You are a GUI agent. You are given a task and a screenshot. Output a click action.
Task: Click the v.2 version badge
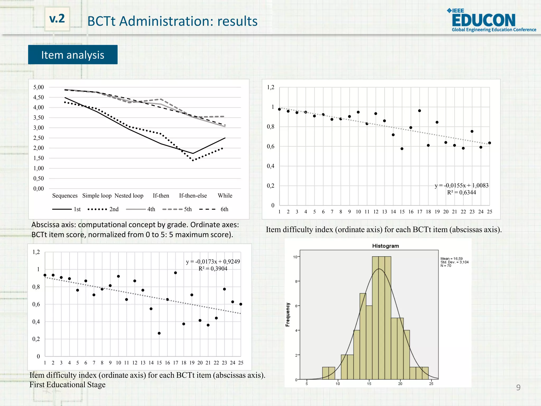[57, 19]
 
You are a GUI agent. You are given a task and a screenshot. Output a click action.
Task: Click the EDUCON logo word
[483, 20]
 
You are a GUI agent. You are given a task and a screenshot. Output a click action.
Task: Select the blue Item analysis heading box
[73, 55]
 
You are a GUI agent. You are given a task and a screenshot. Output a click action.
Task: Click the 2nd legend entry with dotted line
[103, 209]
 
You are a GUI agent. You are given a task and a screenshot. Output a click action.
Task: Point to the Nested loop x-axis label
[129, 196]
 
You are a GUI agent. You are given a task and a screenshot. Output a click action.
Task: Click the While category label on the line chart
[225, 196]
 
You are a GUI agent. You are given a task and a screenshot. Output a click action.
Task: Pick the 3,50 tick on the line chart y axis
[39, 118]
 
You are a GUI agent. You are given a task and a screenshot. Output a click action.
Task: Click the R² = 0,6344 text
[461, 192]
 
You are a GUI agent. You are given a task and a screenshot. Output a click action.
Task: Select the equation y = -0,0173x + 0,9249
[213, 262]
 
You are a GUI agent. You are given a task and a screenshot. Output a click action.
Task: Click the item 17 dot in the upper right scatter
[419, 111]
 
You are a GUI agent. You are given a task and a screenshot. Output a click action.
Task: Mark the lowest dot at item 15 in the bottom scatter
[159, 333]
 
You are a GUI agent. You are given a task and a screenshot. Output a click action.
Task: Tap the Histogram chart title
[385, 246]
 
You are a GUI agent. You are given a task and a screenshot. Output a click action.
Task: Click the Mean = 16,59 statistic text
[451, 259]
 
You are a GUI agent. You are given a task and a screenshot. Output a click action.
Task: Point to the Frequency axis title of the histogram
[288, 315]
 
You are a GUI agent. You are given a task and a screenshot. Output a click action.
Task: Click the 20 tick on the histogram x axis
[400, 384]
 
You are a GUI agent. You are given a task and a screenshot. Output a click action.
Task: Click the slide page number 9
[518, 387]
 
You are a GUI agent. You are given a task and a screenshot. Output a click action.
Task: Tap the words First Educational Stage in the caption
[67, 385]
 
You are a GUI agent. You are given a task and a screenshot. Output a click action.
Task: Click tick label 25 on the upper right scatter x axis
[489, 212]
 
